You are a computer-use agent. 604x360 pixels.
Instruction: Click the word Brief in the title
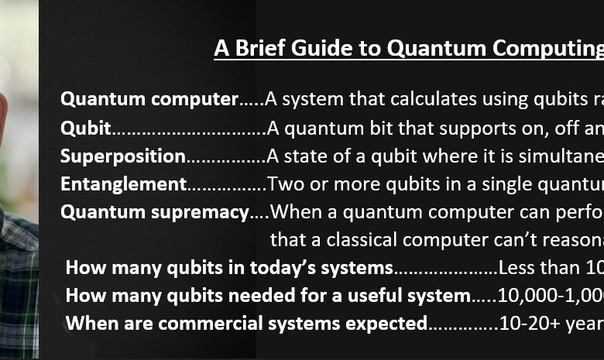(x=259, y=48)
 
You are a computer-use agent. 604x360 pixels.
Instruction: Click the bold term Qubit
(x=85, y=128)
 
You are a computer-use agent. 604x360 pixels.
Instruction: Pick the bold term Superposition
(x=123, y=156)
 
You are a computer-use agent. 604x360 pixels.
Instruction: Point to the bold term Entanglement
(x=123, y=184)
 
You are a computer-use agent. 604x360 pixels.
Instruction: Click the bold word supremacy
(x=200, y=213)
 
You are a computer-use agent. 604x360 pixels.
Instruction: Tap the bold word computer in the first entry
(x=195, y=100)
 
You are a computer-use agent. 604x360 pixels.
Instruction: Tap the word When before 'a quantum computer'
(x=290, y=212)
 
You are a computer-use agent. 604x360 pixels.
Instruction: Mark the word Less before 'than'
(x=516, y=268)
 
